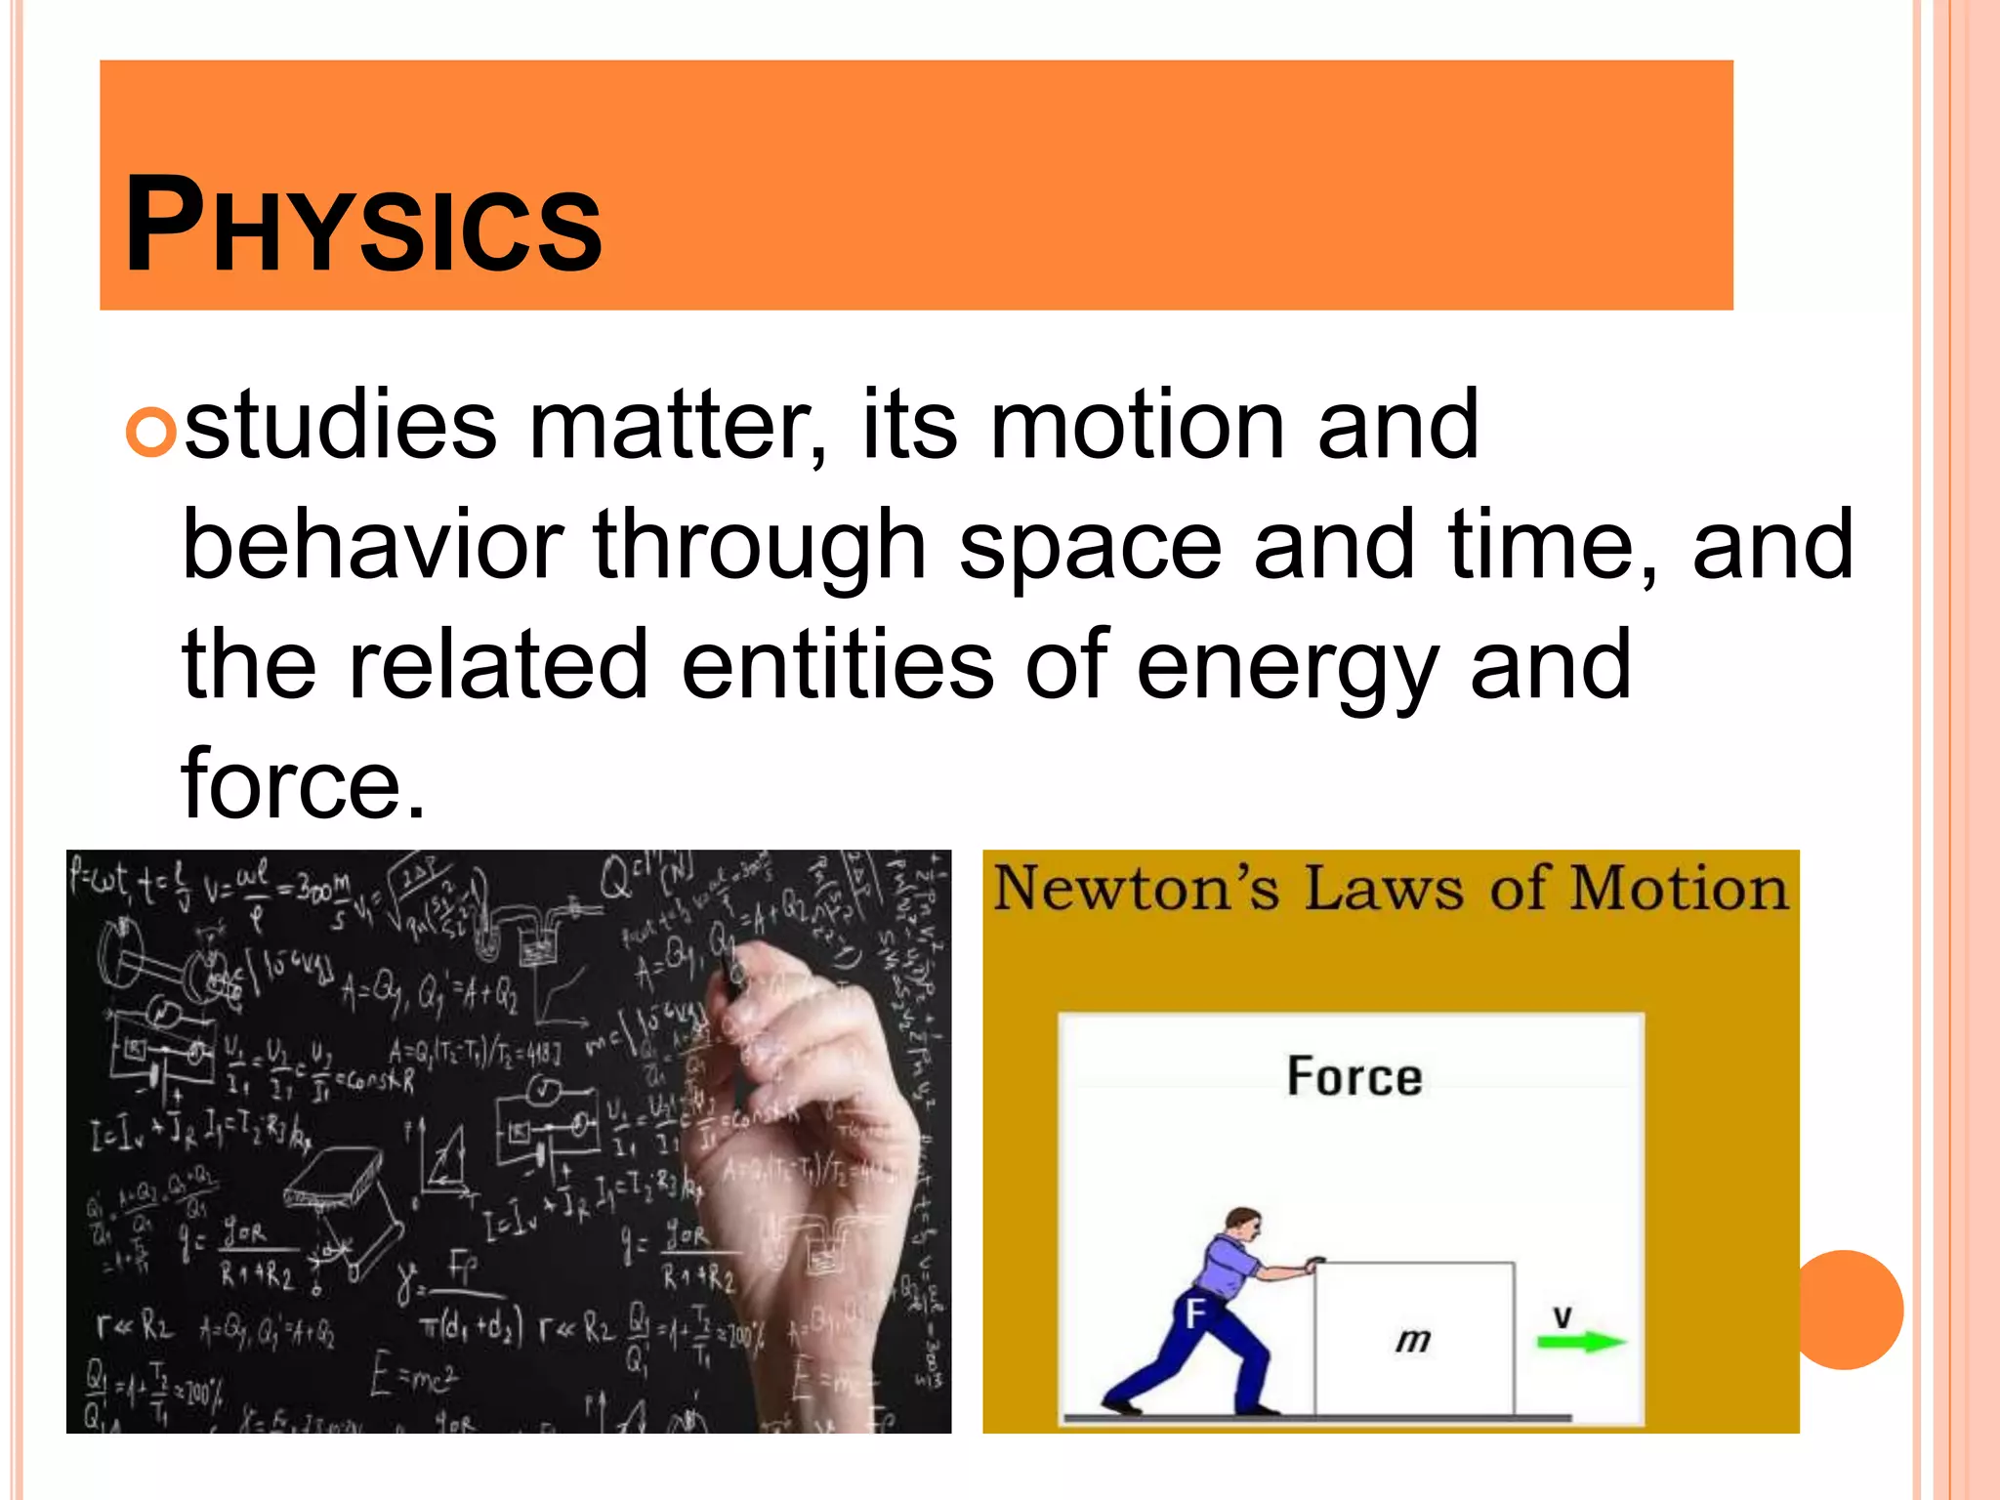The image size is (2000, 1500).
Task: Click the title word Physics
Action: pos(363,225)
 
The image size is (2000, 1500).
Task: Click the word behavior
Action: pos(372,545)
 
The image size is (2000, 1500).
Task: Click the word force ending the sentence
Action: pos(303,784)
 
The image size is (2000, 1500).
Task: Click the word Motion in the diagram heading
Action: pos(1679,889)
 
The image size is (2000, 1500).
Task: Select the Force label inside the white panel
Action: pos(1354,1077)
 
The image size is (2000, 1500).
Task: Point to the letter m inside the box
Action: pos(1412,1339)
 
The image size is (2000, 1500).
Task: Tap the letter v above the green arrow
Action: pos(1562,1315)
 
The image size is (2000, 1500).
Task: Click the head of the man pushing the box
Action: pos(1243,1225)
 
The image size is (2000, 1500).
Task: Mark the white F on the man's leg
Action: pos(1195,1313)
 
